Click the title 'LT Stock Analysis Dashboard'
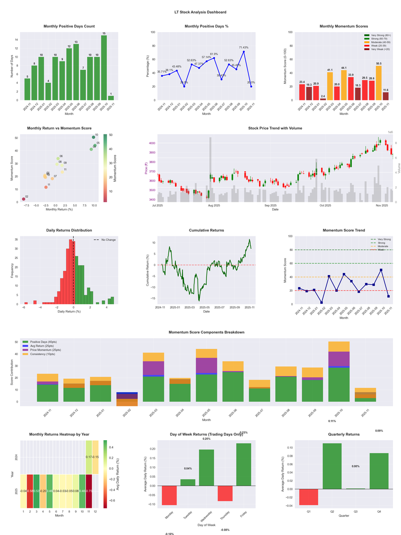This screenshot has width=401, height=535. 200,12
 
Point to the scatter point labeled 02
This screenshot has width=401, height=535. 23,199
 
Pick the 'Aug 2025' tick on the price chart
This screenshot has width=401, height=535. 215,205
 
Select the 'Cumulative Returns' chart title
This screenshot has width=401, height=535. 207,230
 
